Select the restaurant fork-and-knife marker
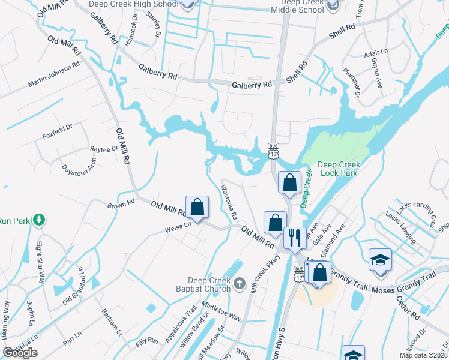pyautogui.click(x=294, y=237)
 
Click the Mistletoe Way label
pyautogui.click(x=221, y=310)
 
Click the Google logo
pyautogui.click(x=20, y=353)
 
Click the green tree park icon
pyautogui.click(x=39, y=220)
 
